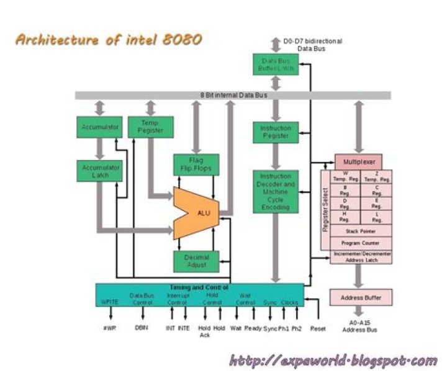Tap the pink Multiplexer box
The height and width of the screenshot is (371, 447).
pos(359,161)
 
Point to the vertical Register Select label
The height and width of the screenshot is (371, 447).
pos(325,209)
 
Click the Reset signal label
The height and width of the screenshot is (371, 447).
pos(318,328)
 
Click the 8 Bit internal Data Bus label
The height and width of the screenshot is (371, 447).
pos(233,95)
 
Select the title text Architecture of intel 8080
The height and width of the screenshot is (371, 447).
pos(107,40)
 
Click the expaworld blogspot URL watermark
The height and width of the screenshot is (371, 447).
pos(333,360)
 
